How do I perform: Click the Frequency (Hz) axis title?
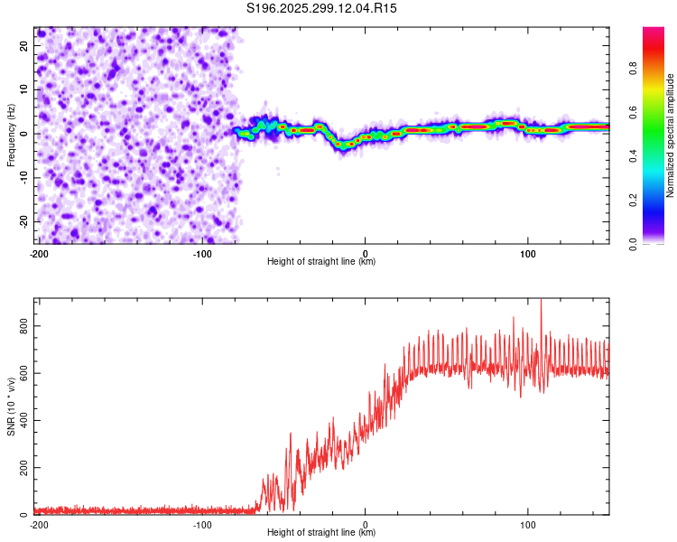pos(11,135)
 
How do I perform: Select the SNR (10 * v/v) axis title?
pos(11,406)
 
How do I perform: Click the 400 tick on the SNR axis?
pos(23,420)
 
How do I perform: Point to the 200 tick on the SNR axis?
pos(23,467)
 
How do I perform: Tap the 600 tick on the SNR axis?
pos(23,373)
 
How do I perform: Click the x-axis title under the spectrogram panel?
pos(321,262)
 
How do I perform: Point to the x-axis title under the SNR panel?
pos(321,533)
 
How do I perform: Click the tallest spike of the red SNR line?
pos(542,302)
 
